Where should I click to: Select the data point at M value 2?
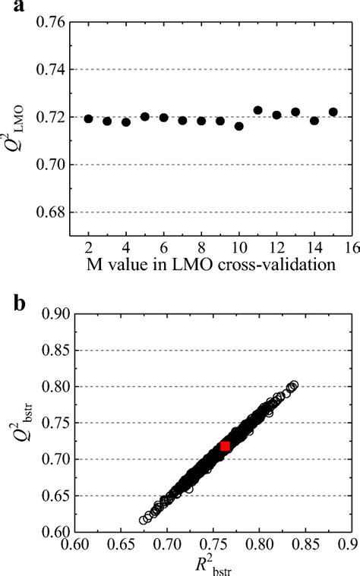click(88, 118)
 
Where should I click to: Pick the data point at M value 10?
click(238, 126)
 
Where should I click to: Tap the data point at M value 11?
click(257, 110)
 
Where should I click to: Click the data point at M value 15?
click(333, 112)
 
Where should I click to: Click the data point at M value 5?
click(145, 117)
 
